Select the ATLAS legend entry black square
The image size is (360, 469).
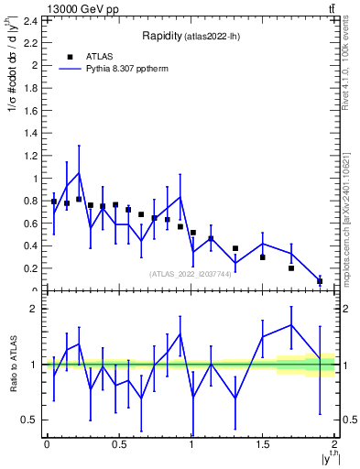pyautogui.click(x=70, y=57)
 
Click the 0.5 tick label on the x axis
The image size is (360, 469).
pyautogui.click(x=118, y=444)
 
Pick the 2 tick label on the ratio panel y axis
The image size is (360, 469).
pyautogui.click(x=34, y=309)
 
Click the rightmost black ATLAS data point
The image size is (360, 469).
pyautogui.click(x=320, y=281)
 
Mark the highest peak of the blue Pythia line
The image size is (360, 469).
pyautogui.click(x=79, y=173)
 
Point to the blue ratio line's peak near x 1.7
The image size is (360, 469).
pyautogui.click(x=291, y=324)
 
